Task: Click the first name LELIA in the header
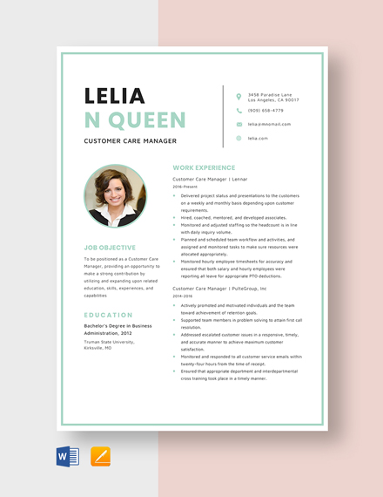[x=114, y=95]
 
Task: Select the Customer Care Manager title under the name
[x=130, y=140]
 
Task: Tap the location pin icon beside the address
[x=239, y=97]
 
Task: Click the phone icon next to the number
[x=239, y=111]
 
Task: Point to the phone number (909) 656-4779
[x=265, y=111]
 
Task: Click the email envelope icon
[x=239, y=125]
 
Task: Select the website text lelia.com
[x=258, y=138]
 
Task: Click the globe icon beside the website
[x=239, y=138]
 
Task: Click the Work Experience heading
[x=204, y=167]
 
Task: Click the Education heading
[x=109, y=315]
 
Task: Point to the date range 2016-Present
[x=185, y=187]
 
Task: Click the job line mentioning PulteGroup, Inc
[x=218, y=288]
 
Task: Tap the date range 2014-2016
[x=183, y=296]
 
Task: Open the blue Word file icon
[x=68, y=456]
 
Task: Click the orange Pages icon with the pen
[x=100, y=456]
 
